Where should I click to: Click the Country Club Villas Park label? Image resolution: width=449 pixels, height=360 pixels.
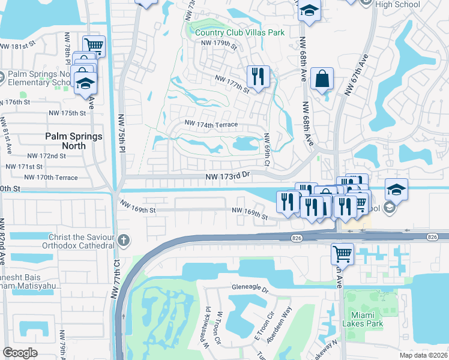coord(238,32)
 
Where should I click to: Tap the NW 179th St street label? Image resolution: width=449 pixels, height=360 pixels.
coord(219,43)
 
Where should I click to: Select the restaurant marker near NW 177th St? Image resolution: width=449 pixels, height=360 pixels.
coord(258,77)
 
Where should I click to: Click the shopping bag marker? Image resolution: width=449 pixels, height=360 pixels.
coord(322,79)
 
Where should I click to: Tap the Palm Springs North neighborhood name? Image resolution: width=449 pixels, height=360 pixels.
coord(74,141)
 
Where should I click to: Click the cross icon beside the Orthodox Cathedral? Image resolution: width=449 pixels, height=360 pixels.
coord(124,241)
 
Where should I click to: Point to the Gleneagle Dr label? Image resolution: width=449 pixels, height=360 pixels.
coord(253,288)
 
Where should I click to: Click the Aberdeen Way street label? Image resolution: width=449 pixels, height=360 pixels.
coord(279,325)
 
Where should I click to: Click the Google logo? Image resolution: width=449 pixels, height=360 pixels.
coord(20,352)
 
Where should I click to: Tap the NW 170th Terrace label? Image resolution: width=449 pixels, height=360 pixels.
coord(51,177)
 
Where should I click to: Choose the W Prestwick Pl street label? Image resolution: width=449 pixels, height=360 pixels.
coord(205,331)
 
